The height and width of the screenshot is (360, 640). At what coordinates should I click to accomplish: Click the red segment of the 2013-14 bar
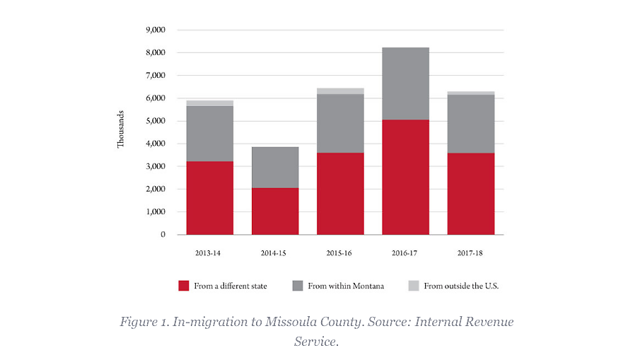pyautogui.click(x=209, y=198)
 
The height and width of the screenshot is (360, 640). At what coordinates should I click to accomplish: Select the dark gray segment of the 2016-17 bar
pyautogui.click(x=405, y=83)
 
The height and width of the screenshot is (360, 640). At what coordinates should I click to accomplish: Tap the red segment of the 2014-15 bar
pyautogui.click(x=274, y=211)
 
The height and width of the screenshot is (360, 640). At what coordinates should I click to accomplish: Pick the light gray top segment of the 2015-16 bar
pyautogui.click(x=340, y=91)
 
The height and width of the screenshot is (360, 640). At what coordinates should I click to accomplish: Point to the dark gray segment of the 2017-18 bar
pyautogui.click(x=470, y=124)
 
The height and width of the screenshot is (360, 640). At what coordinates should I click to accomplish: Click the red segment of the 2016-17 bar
pyautogui.click(x=405, y=177)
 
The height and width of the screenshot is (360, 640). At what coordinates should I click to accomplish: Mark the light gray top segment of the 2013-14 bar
pyautogui.click(x=209, y=103)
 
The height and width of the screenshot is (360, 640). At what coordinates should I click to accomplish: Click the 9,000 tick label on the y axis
pyautogui.click(x=155, y=30)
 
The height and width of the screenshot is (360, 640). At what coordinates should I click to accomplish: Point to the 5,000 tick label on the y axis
pyautogui.click(x=155, y=121)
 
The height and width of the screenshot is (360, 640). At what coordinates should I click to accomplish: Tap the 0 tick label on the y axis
pyautogui.click(x=162, y=235)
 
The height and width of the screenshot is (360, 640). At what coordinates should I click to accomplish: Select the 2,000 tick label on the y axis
pyautogui.click(x=155, y=190)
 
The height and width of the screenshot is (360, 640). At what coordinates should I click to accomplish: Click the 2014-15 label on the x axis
pyautogui.click(x=274, y=252)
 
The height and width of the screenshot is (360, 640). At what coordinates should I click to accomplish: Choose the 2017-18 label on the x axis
pyautogui.click(x=470, y=252)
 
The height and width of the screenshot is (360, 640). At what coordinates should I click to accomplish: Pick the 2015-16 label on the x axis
pyautogui.click(x=340, y=252)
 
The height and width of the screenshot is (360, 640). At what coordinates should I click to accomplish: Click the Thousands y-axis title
pyautogui.click(x=121, y=129)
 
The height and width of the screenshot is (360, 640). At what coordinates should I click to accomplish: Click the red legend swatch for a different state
pyautogui.click(x=184, y=286)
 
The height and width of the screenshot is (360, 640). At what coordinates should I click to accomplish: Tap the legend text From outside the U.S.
pyautogui.click(x=461, y=286)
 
